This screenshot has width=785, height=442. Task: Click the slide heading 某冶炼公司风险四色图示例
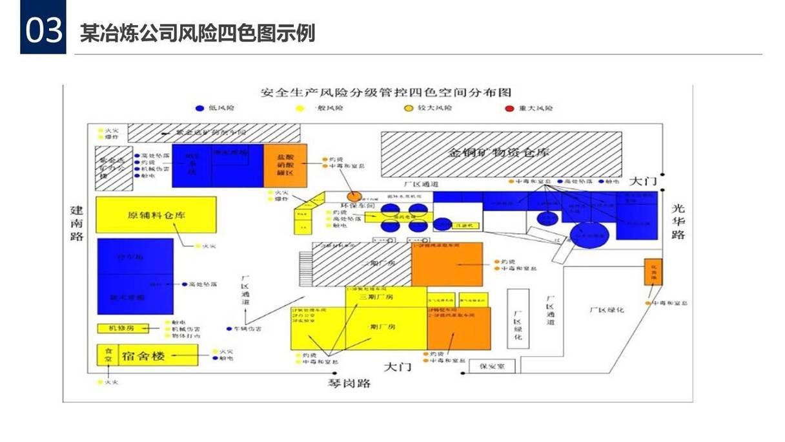point(198,33)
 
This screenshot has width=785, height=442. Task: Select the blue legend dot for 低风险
point(199,108)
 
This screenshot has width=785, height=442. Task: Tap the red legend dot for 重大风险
point(509,108)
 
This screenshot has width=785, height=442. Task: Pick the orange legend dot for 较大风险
point(408,108)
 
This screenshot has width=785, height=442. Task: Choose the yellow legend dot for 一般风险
point(300,108)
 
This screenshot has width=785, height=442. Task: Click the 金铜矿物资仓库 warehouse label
point(500,153)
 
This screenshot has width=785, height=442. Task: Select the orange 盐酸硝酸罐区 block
point(285,166)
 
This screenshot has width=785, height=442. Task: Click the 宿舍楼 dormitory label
point(144,355)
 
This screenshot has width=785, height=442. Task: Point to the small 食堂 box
point(108,355)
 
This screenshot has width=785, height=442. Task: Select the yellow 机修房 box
point(121,328)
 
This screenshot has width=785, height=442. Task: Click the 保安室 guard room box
point(496,366)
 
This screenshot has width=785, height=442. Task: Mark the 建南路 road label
point(77,223)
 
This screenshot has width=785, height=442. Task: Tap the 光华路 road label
point(678,221)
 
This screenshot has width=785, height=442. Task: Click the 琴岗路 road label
point(349,383)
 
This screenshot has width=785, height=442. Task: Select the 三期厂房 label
point(376,298)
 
